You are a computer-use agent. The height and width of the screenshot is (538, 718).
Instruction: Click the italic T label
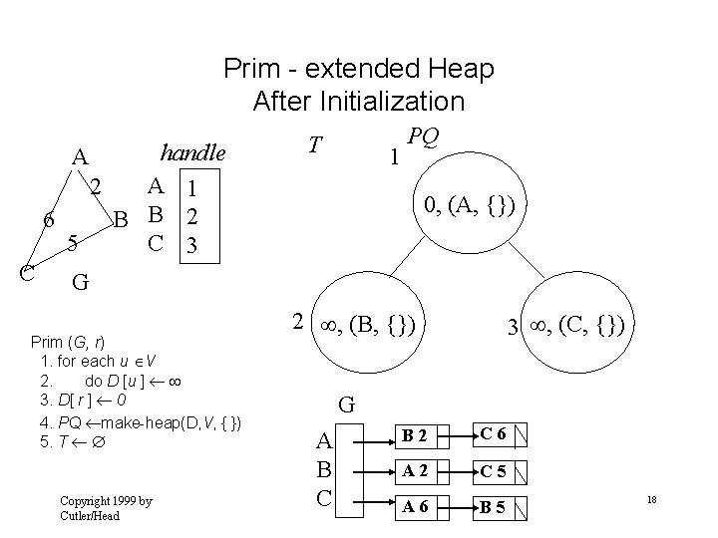tap(314, 146)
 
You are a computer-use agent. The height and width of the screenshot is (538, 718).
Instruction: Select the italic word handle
tap(193, 153)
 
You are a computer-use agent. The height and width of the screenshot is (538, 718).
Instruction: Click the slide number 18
tap(650, 498)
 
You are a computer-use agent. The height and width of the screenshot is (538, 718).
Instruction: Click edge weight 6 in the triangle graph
tap(48, 220)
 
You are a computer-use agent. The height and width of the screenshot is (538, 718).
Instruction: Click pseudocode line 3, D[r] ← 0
tap(85, 401)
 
